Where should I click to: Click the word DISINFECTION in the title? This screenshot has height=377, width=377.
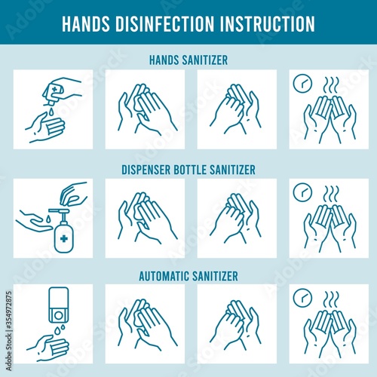click(165, 24)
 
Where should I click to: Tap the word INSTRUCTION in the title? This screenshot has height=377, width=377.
click(268, 24)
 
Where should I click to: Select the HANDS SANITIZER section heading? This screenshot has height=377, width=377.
click(188, 60)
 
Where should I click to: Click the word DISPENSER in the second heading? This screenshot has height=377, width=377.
click(146, 170)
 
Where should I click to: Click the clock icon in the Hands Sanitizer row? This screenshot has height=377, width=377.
click(302, 84)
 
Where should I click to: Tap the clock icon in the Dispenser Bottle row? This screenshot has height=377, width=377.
click(302, 192)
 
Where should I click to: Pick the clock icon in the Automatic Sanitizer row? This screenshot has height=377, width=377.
click(302, 298)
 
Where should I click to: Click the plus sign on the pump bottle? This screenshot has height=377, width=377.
click(64, 238)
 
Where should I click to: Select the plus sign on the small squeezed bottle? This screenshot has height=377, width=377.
click(54, 89)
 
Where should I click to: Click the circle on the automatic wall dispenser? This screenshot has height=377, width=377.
click(58, 315)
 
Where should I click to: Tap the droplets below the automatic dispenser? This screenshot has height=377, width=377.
click(60, 329)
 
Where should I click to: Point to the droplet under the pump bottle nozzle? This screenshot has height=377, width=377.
click(48, 218)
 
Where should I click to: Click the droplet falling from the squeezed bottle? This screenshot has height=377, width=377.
click(51, 112)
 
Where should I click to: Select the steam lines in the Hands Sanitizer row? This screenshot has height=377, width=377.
click(331, 85)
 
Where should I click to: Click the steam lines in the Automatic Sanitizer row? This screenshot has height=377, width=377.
click(331, 300)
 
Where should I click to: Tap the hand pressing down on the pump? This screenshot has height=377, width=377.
click(74, 194)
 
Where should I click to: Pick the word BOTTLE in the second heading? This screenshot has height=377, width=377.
click(190, 170)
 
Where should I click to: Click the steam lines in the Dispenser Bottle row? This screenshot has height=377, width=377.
click(331, 195)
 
